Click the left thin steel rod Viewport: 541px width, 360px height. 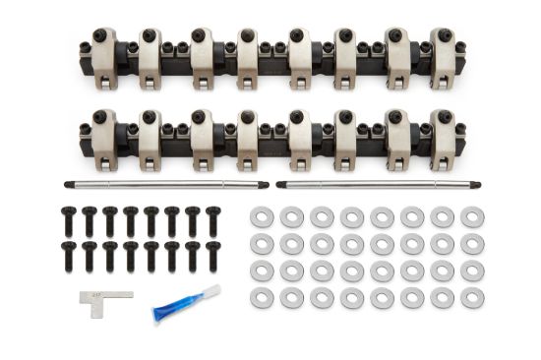click(162, 184)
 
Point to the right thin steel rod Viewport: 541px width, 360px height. click(379, 183)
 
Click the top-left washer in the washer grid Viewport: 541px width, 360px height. click(262, 214)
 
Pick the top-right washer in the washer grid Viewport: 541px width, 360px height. click(471, 214)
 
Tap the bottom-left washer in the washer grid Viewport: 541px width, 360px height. click(262, 297)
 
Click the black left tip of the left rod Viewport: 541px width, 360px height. click(68, 184)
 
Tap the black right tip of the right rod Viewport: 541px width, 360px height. click(480, 183)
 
